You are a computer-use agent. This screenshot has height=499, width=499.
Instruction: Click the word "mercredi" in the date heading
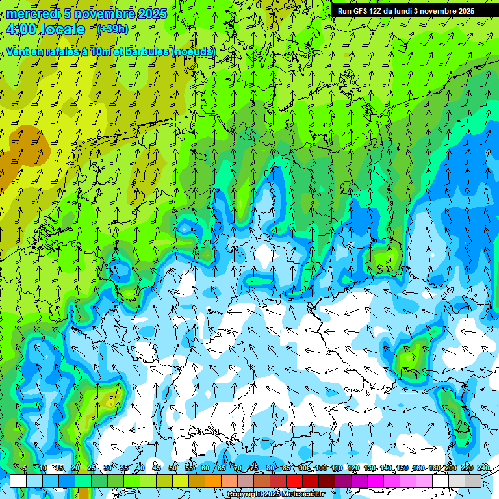33,14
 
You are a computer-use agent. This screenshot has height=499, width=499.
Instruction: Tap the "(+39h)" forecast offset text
112,29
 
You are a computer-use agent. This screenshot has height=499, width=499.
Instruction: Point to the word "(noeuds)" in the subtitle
193,51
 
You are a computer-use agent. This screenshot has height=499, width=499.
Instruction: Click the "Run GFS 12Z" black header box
406,11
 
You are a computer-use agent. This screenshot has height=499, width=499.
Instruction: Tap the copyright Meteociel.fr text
275,494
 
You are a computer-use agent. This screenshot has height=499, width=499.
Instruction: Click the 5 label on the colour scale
25,468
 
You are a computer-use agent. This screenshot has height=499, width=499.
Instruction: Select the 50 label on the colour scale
173,468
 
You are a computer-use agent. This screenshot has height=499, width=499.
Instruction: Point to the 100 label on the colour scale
321,468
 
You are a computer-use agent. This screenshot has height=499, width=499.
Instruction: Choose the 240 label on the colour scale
483,468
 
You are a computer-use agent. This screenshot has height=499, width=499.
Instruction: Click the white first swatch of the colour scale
18,481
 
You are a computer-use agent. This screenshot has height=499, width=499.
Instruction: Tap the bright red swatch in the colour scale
294,481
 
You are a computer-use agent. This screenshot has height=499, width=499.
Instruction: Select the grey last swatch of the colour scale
473,481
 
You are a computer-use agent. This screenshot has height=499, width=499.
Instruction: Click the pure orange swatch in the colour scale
213,481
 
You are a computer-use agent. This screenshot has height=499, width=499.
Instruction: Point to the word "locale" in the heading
62,29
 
